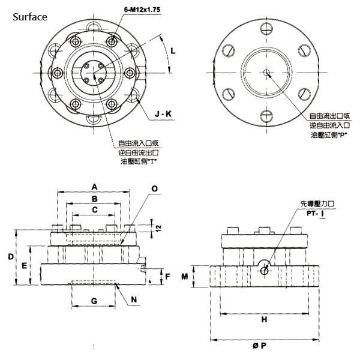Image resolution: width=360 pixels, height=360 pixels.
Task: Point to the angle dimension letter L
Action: click(x=173, y=52)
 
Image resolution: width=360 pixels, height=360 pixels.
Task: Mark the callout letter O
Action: click(x=154, y=188)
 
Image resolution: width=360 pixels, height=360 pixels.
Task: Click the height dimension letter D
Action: click(x=11, y=257)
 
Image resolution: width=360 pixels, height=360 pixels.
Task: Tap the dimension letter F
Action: click(x=168, y=277)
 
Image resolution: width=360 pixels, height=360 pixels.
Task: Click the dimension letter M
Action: click(x=185, y=277)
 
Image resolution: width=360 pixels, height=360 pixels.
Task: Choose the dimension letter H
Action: click(x=264, y=320)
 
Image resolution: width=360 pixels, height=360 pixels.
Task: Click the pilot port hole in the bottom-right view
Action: click(x=265, y=270)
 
